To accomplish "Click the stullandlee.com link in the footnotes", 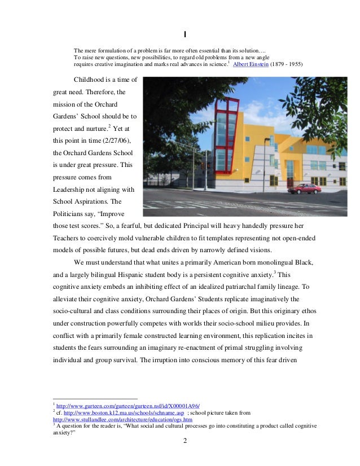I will coord(122,420).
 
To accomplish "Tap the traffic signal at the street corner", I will coord(202,164).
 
